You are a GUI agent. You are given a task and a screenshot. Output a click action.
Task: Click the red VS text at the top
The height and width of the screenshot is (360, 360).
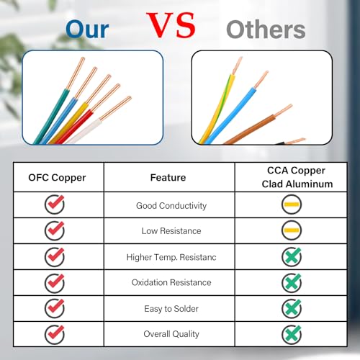tap(171, 25)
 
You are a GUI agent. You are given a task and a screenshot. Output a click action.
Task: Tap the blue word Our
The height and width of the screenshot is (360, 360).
tap(87, 30)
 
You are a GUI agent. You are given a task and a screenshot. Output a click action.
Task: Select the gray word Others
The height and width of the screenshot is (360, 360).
tap(266, 30)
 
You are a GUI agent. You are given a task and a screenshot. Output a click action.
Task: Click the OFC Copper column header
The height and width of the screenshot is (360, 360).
tap(57, 178)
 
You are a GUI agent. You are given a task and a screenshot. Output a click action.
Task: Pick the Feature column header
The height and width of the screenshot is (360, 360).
tap(168, 178)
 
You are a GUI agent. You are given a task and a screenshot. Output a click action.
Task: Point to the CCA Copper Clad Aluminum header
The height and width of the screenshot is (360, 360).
tap(297, 177)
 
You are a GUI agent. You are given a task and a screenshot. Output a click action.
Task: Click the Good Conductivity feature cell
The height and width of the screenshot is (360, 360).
tap(171, 205)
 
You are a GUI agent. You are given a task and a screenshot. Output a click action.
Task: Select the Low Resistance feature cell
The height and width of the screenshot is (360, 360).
tap(171, 231)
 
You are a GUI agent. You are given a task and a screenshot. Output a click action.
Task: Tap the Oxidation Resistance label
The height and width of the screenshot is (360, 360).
tap(171, 282)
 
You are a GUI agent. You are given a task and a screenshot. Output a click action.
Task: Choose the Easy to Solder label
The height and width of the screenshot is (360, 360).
tap(171, 309)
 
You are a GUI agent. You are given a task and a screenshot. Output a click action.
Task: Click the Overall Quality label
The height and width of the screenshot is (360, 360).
tap(171, 334)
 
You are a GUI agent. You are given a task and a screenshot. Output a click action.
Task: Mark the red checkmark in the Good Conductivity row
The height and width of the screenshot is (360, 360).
tap(55, 204)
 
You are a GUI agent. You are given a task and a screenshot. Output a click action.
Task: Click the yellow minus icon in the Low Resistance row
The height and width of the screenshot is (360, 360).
tap(292, 230)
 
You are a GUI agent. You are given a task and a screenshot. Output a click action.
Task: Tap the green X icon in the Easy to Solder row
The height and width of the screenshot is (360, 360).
tap(292, 308)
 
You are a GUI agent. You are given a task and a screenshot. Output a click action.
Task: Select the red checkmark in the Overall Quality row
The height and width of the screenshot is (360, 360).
tap(55, 334)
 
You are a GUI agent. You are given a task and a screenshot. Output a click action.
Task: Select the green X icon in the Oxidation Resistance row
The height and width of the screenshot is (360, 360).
tap(292, 283)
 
